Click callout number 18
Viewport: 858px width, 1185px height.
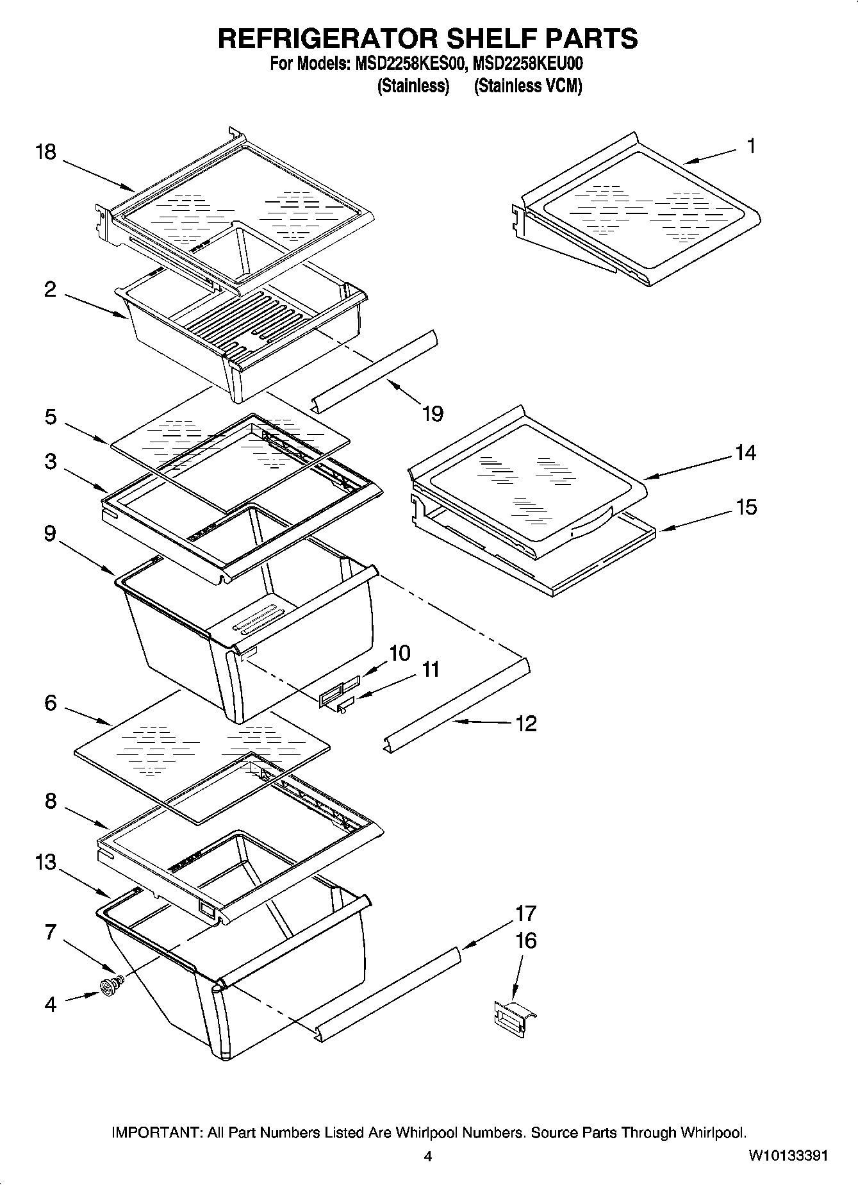point(46,153)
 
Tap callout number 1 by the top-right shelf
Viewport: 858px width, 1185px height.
point(751,146)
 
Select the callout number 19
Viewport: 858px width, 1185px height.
point(433,414)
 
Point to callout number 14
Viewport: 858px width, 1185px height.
point(745,453)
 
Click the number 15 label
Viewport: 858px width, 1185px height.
point(746,507)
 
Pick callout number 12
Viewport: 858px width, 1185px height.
point(525,724)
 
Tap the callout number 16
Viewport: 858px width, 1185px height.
point(525,941)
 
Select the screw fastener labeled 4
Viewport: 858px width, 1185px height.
point(110,988)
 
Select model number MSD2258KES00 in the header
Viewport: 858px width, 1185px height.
point(406,64)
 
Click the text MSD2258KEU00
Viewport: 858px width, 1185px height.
point(527,64)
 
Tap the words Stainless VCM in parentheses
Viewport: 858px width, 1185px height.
point(528,86)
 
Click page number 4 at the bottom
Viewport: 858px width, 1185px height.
point(428,1157)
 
